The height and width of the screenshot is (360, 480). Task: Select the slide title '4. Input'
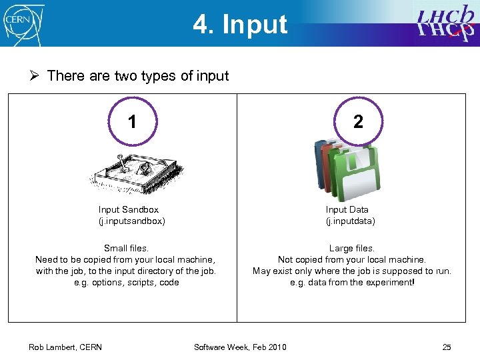240,25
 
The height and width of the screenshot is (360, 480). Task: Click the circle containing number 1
132,121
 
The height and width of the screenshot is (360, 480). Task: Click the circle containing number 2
358,121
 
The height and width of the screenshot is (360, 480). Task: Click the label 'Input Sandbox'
129,209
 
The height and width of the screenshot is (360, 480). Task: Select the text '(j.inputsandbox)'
132,221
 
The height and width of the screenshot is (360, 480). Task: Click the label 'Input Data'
347,209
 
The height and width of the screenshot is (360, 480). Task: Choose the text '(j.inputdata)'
350,221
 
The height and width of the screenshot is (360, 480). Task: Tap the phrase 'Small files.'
126,248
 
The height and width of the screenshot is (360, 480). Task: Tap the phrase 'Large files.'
351,248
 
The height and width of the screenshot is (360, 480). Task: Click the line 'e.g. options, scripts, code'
126,282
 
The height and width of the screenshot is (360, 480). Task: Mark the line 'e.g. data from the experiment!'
352,282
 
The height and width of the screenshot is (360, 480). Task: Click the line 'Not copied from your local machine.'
352,259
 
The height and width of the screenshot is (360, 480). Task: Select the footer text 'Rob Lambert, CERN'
65,347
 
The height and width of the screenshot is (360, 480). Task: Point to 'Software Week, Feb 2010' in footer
240,347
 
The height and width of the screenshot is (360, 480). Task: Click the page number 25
447,347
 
